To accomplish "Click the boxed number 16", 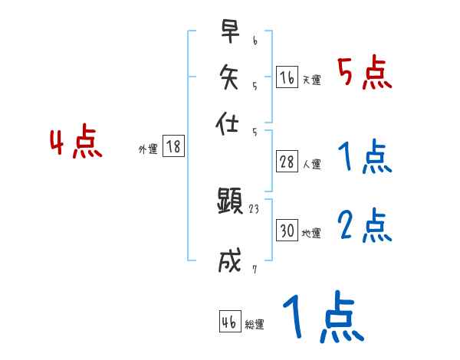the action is coord(287,77).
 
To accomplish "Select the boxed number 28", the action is coord(287,162).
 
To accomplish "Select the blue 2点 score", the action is coord(364,227).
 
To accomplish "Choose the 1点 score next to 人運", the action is coord(364,159).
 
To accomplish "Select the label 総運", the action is coord(255,325).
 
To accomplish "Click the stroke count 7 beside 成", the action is coord(255,268).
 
